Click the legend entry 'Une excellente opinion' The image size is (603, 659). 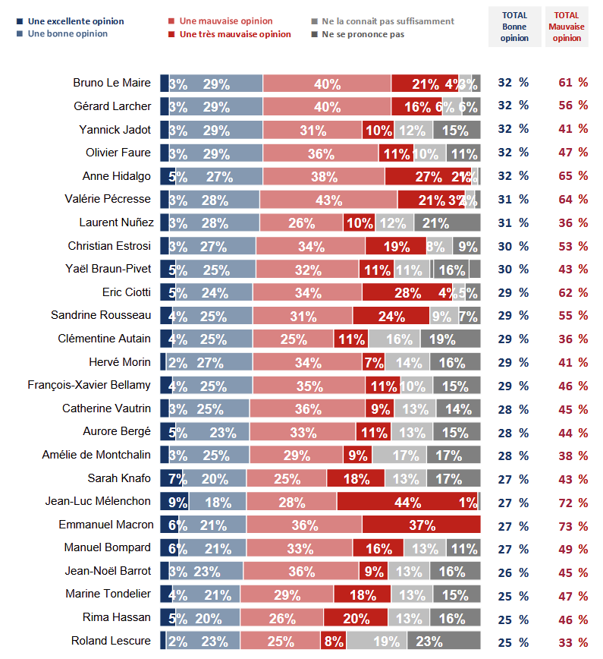tap(75, 21)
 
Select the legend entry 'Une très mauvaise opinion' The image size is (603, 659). tap(234, 34)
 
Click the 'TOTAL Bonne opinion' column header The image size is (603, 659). tap(514, 26)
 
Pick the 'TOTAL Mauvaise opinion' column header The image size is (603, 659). tap(567, 26)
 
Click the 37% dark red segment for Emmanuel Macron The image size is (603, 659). tap(421, 525)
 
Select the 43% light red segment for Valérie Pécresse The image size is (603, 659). tap(328, 200)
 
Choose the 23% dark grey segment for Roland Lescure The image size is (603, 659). tap(444, 641)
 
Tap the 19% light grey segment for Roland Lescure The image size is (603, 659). tap(377, 641)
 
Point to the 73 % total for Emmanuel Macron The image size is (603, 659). tap(573, 525)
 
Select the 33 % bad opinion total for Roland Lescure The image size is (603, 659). tap(573, 641)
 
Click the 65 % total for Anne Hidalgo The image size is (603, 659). tap(573, 177)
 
